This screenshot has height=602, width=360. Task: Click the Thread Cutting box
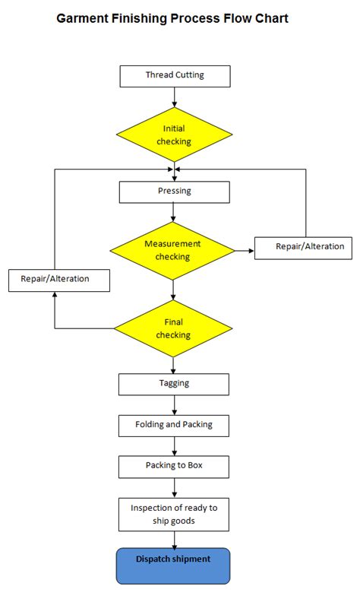click(175, 76)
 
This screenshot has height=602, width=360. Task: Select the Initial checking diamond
click(174, 135)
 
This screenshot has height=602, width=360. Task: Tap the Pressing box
click(175, 192)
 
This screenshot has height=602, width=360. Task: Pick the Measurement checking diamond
click(173, 250)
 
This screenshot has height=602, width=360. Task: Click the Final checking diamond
click(173, 328)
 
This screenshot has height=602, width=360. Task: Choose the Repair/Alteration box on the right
click(303, 247)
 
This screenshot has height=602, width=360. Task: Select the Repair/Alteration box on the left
click(59, 280)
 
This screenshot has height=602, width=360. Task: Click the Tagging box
click(174, 384)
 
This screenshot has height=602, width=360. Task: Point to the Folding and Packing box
click(174, 425)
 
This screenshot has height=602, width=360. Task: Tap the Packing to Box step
click(174, 466)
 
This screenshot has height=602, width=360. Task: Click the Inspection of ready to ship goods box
click(174, 514)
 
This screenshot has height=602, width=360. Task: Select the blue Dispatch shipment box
click(173, 566)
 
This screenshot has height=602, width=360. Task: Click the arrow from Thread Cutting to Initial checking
click(175, 97)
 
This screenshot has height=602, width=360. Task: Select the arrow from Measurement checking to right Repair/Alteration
click(245, 249)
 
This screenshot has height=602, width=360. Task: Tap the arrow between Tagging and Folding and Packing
click(175, 405)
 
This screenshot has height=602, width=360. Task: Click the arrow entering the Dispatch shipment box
click(175, 540)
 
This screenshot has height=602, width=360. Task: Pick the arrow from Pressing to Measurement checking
click(175, 212)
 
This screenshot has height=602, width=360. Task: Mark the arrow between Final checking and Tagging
click(175, 365)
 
